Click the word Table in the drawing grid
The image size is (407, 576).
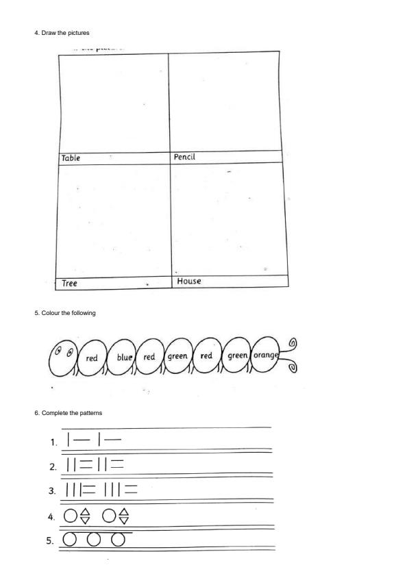pyautogui.click(x=71, y=158)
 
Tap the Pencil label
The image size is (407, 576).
pyautogui.click(x=186, y=157)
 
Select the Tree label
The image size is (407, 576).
pyautogui.click(x=69, y=283)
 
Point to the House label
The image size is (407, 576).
pyautogui.click(x=189, y=281)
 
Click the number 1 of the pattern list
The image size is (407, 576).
pyautogui.click(x=53, y=442)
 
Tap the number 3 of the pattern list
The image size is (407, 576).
pyautogui.click(x=53, y=491)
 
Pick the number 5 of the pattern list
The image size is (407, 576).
pyautogui.click(x=53, y=540)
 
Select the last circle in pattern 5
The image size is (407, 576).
pyautogui.click(x=119, y=539)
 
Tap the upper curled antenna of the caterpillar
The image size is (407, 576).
pyautogui.click(x=294, y=342)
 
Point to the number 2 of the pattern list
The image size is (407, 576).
pyautogui.click(x=53, y=467)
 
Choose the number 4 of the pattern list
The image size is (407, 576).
pyautogui.click(x=53, y=516)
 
